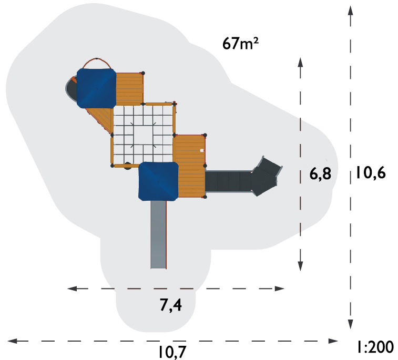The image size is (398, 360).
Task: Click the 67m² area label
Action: (x=240, y=43)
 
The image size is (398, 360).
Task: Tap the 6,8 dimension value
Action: (x=320, y=174)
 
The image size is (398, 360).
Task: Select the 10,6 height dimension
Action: (x=371, y=173)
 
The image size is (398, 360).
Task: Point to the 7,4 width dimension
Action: (x=171, y=305)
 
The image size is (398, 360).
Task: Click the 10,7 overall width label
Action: (x=172, y=352)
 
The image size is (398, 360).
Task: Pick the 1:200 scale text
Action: (x=376, y=347)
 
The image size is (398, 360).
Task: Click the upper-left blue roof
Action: (x=96, y=88)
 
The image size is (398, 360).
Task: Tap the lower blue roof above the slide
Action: (x=158, y=181)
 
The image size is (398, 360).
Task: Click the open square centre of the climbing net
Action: (x=143, y=135)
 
